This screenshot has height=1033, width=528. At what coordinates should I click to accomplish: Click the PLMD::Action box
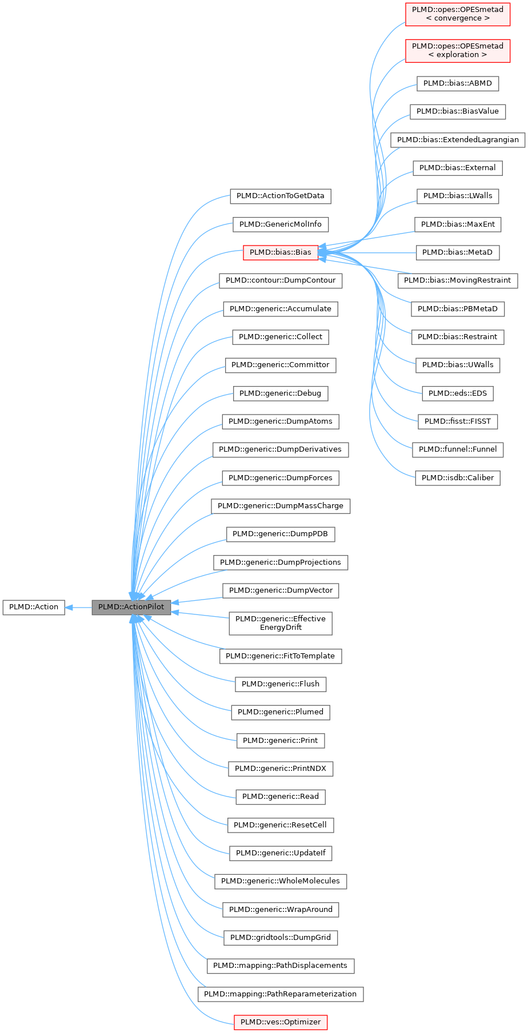(34, 607)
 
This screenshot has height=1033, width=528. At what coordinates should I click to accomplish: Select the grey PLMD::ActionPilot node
(131, 607)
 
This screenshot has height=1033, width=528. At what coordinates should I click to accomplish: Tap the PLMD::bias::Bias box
(280, 252)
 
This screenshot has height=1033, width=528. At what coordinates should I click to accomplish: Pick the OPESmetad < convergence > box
(457, 14)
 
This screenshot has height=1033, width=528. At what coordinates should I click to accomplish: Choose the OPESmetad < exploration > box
(457, 50)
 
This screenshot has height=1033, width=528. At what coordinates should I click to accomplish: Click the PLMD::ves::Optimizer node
(280, 1022)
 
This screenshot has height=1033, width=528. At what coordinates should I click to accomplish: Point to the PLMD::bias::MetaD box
(457, 252)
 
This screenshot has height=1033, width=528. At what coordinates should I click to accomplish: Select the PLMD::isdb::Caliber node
(457, 478)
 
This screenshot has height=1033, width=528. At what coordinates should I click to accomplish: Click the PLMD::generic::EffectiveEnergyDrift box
(280, 623)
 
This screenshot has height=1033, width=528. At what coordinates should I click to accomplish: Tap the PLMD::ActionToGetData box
(280, 196)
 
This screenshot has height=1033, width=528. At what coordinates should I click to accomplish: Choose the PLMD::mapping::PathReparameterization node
(280, 994)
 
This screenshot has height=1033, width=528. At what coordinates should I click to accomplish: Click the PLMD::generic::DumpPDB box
(280, 534)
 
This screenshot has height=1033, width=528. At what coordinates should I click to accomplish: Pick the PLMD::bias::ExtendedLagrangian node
(457, 140)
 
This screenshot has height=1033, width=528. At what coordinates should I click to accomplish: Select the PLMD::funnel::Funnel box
(457, 449)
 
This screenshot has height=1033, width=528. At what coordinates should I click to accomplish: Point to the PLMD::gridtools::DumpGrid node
(280, 938)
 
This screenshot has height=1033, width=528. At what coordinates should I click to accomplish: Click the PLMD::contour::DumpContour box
(280, 280)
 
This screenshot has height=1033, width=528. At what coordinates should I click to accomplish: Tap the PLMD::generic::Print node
(280, 741)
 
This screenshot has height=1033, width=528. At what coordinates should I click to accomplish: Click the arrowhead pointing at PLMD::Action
(69, 607)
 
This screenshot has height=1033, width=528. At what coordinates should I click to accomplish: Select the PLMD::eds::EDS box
(457, 393)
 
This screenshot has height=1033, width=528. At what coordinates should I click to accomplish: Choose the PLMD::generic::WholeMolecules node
(280, 881)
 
